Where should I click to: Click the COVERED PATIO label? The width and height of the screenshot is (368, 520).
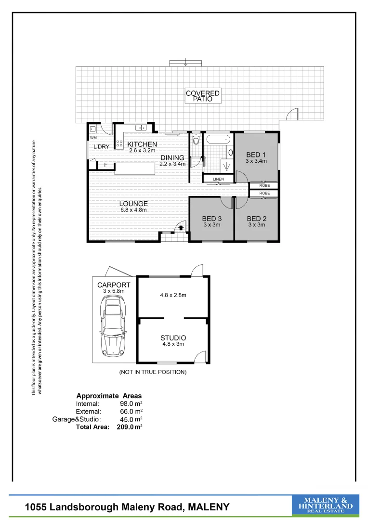coord(203,96)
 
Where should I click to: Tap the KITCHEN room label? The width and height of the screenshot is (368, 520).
coord(142,144)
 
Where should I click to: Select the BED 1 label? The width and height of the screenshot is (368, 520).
coord(256,155)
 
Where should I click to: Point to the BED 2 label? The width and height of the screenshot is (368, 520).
coord(257,219)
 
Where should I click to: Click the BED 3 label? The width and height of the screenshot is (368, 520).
coord(211,219)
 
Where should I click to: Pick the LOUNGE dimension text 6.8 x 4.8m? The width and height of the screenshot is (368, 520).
coord(133,210)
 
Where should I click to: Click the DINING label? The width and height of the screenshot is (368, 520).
coord(172,157)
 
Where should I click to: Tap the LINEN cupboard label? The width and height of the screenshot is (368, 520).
coord(218,179)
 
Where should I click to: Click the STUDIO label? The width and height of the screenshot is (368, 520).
coord(173,338)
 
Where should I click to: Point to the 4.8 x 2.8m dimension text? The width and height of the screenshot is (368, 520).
coord(173,295)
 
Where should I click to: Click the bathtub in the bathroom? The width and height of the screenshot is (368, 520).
coord(219,141)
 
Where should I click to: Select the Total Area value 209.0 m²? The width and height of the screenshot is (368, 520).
coord(130,427)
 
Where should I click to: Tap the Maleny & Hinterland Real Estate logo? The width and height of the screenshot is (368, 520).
coord(325,506)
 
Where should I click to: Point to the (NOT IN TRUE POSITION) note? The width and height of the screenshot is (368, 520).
coord(153,372)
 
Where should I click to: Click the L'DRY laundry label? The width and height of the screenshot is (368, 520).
coord(101,146)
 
